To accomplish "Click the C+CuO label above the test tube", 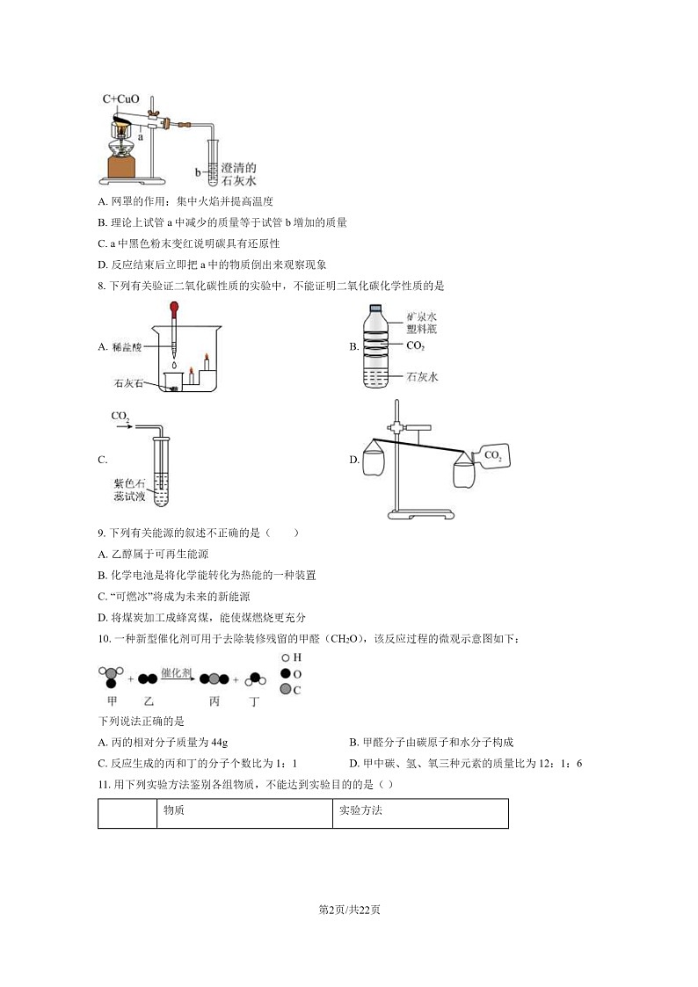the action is pyautogui.click(x=121, y=99).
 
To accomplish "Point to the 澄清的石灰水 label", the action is pyautogui.click(x=238, y=174).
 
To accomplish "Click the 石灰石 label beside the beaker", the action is pyautogui.click(x=128, y=383).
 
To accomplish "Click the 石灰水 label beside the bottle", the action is pyautogui.click(x=422, y=377).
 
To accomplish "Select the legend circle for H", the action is pyautogui.click(x=286, y=657).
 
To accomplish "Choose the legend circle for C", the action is pyautogui.click(x=286, y=690).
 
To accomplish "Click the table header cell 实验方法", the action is pyautogui.click(x=360, y=810).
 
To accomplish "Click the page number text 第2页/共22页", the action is pyautogui.click(x=349, y=909).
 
